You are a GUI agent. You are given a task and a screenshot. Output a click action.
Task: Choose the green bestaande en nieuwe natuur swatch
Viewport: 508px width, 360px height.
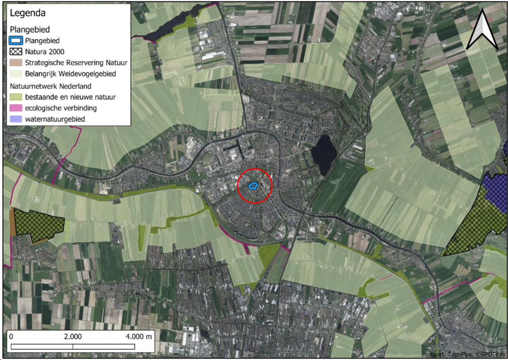point(16,97)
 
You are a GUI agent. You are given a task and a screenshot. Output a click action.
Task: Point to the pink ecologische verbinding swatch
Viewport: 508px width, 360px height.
point(16,108)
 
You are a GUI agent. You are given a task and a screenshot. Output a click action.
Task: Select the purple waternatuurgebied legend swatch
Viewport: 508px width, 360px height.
point(16,119)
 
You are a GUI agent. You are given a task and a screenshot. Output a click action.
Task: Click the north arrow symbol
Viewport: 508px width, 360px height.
point(482,30)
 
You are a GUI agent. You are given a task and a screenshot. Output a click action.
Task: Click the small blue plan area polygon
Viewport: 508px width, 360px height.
point(253,185)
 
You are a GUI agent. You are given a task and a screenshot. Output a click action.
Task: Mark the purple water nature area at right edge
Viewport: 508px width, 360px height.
point(495,190)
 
